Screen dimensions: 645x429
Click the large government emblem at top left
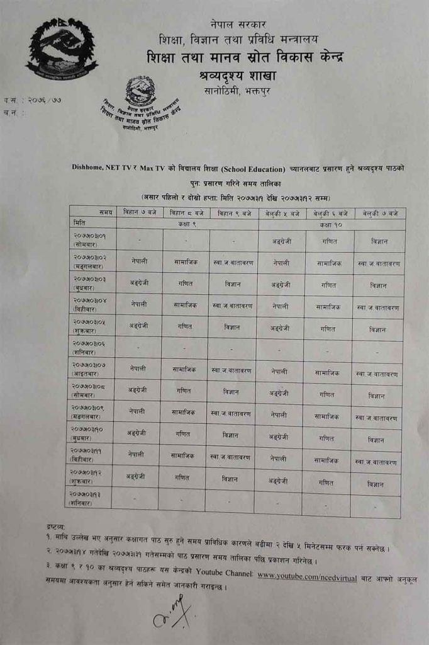[x=62, y=49]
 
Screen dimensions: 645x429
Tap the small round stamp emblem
[x=140, y=91]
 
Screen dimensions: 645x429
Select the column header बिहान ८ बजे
[x=187, y=213]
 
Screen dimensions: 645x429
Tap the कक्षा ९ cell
[x=187, y=224]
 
